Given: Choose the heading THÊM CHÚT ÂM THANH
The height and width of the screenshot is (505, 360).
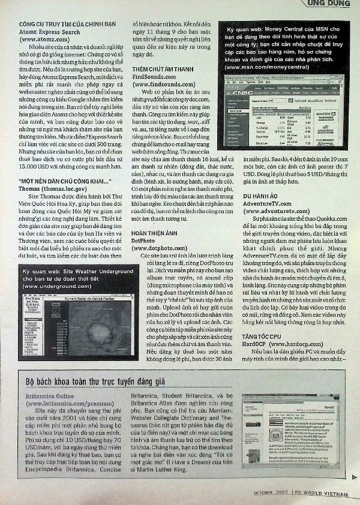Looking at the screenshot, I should point(163,70).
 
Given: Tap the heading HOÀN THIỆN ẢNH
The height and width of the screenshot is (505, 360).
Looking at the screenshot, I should point(155,232).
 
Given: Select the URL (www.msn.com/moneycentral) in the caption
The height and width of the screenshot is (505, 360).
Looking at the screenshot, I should point(267,67).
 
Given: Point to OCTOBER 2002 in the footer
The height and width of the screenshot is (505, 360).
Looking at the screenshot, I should point(271,493).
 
